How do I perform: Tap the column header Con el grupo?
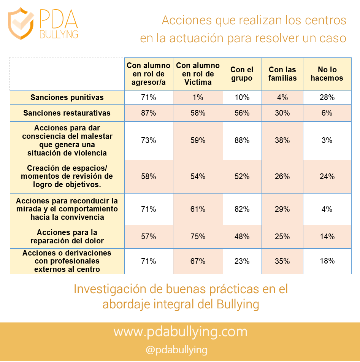[242, 74]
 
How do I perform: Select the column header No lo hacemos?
[327, 74]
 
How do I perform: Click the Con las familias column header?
[282, 74]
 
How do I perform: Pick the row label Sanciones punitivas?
[67, 97]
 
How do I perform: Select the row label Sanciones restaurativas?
[67, 113]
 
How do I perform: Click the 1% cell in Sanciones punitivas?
[198, 97]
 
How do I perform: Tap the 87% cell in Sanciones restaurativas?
[148, 113]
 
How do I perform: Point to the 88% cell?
[242, 140]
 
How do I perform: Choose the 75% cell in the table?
[198, 237]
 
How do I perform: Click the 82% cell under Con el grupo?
[242, 209]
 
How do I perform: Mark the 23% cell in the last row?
[242, 261]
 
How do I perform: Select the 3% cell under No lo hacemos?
[327, 140]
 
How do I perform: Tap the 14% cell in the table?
[327, 237]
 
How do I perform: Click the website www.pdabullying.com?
[180, 332]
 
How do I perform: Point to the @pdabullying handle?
[176, 350]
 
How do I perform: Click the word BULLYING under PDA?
[59, 35]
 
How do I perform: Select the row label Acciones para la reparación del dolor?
[67, 237]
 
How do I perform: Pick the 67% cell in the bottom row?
[198, 261]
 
